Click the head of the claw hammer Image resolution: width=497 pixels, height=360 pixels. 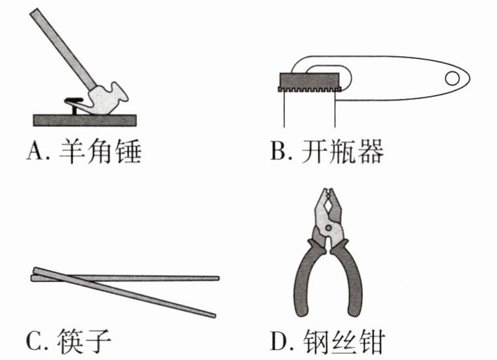click(107, 98)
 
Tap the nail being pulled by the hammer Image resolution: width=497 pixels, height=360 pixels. click(73, 104)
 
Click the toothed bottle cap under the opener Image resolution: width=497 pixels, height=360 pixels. click(309, 82)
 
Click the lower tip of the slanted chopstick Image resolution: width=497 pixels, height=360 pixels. click(212, 315)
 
